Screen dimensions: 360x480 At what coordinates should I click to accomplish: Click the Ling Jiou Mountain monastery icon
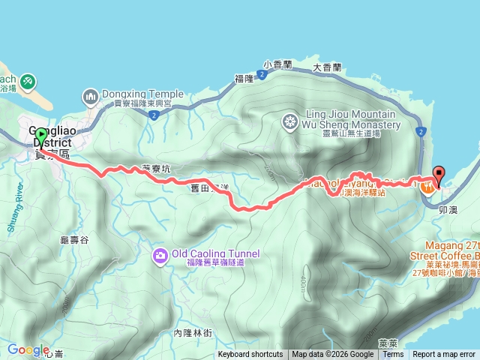pos(289,121)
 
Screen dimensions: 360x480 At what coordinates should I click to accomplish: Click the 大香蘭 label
pos(327,67)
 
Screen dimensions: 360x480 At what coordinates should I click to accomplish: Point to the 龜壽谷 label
pos(73,239)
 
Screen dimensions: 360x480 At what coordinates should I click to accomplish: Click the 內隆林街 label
pos(193,333)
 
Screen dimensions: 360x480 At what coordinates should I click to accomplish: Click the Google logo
pos(28,349)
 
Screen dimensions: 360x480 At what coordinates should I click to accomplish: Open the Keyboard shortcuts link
pos(250,355)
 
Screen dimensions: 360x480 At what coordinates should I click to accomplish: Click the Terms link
pos(393,355)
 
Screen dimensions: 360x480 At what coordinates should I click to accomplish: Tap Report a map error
pos(444,355)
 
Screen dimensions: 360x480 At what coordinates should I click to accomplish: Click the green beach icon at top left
pos(27,79)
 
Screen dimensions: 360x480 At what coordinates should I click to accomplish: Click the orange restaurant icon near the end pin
pos(427,186)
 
